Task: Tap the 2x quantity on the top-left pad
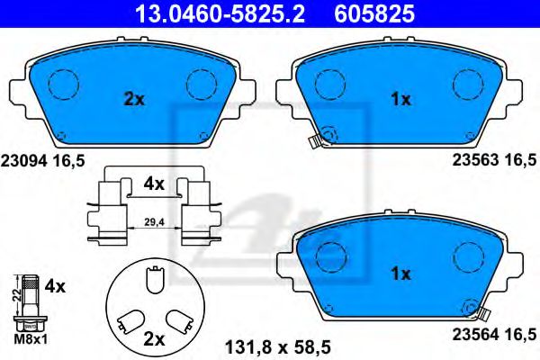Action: pyautogui.click(x=133, y=100)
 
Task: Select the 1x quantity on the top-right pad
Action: pyautogui.click(x=401, y=100)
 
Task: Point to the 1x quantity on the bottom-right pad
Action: pyautogui.click(x=401, y=272)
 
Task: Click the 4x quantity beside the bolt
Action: pyautogui.click(x=56, y=287)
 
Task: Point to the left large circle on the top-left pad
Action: pyautogui.click(x=64, y=83)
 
